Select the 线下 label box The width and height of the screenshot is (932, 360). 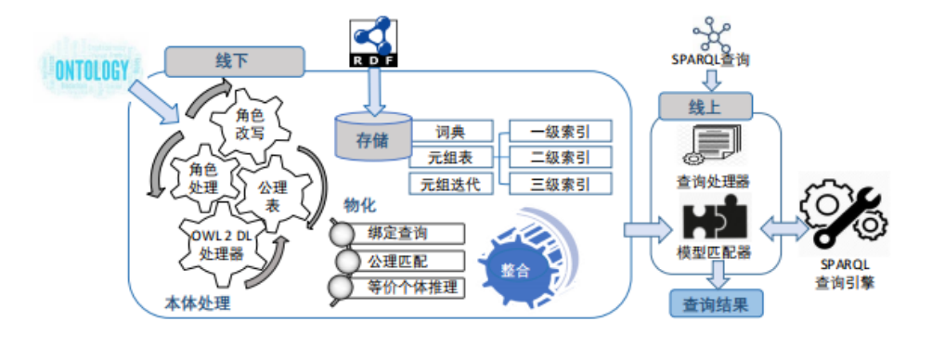236,60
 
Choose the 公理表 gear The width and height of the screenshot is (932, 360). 274,195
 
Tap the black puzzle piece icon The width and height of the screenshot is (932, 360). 715,221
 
